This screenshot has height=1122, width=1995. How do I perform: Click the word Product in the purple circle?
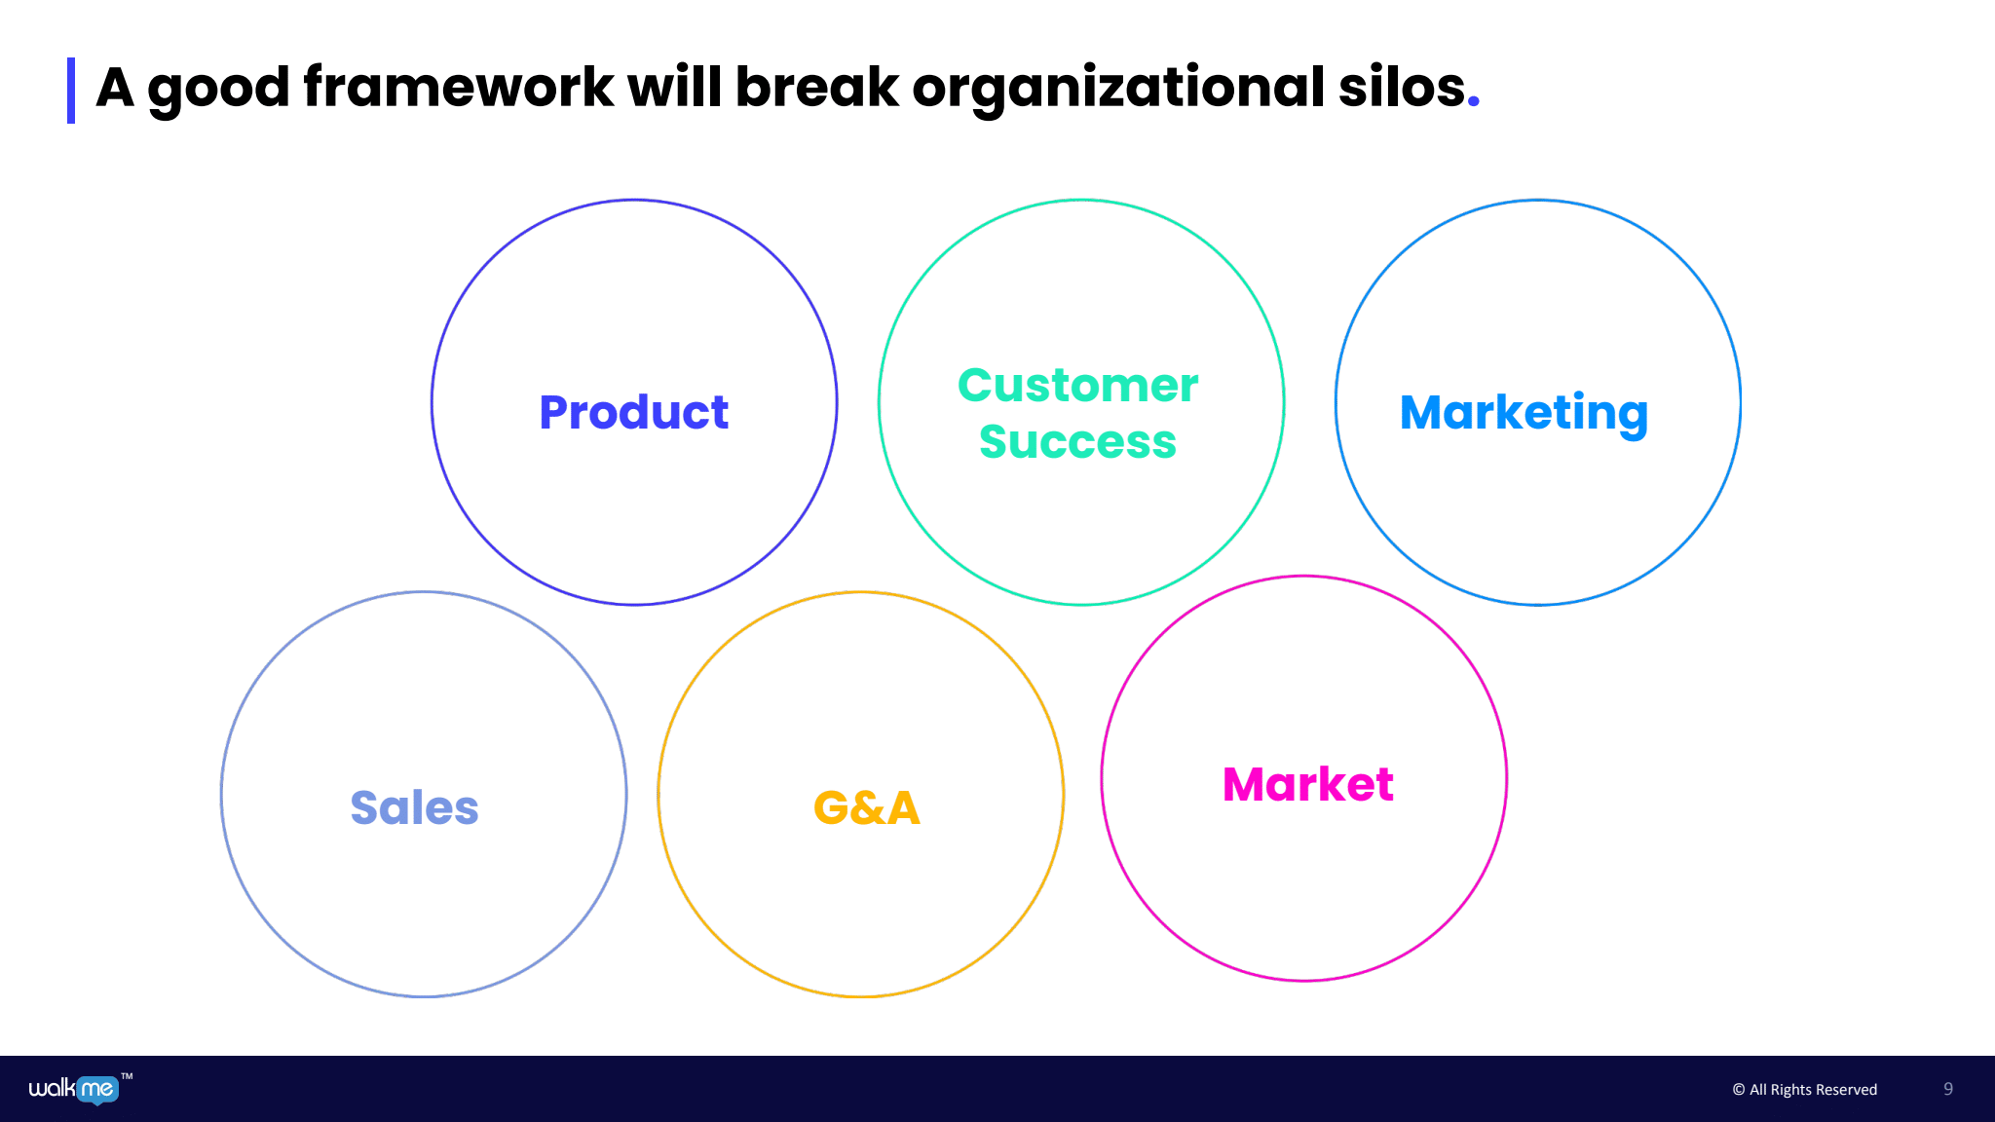[x=633, y=412]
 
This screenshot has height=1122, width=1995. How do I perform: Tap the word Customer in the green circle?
[x=1077, y=385]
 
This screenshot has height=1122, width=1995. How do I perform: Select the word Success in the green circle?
[x=1077, y=441]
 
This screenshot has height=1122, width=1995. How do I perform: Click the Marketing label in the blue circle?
[x=1524, y=412]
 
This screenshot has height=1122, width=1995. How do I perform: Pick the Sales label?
[x=414, y=807]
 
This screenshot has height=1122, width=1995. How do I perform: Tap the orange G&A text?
[x=866, y=807]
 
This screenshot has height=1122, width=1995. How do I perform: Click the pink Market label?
[x=1307, y=784]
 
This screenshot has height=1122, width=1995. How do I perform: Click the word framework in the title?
[x=458, y=88]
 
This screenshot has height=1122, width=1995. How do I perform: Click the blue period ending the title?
[x=1473, y=101]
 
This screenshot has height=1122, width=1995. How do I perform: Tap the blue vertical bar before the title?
[x=71, y=91]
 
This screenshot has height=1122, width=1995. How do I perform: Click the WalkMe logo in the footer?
[x=74, y=1089]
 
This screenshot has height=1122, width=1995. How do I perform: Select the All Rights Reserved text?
[x=1813, y=1090]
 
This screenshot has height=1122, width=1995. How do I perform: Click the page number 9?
[x=1948, y=1089]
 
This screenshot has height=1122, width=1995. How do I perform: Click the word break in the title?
[x=816, y=88]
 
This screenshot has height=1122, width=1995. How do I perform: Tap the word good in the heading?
[x=218, y=90]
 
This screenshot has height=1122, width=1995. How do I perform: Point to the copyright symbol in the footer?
[x=1738, y=1090]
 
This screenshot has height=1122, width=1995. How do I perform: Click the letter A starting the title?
[x=115, y=88]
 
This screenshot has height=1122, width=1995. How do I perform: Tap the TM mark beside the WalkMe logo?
[x=127, y=1076]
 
